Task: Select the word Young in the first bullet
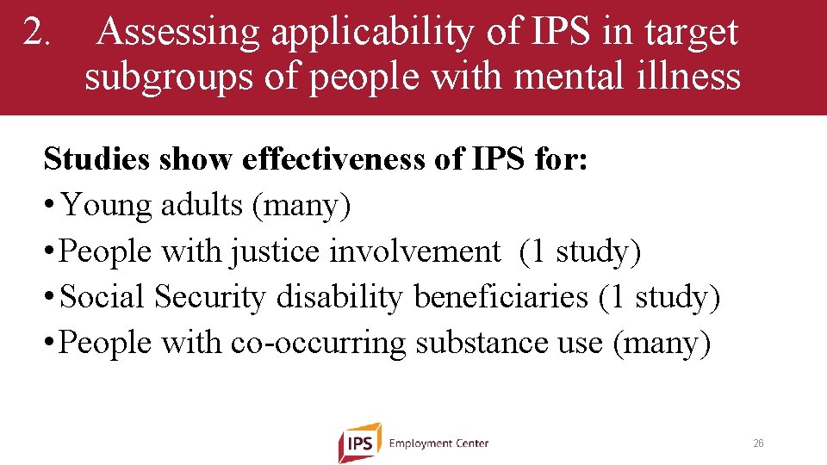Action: click(x=103, y=205)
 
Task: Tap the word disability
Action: click(x=339, y=297)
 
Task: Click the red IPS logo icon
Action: click(x=359, y=443)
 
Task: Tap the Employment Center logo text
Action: click(x=438, y=443)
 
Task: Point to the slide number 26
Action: click(x=758, y=443)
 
